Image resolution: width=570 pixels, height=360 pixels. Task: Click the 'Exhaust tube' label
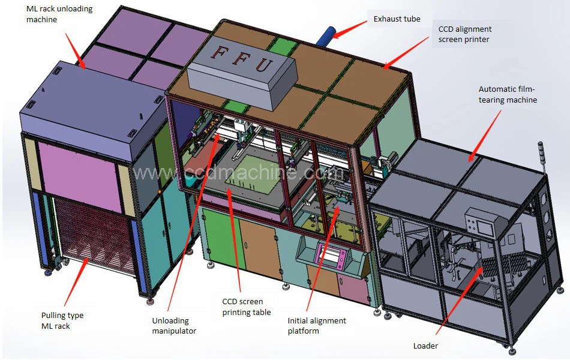[397, 19]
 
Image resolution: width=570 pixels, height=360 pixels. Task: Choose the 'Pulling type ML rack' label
[62, 320]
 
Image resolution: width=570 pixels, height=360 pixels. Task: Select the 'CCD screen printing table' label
[247, 307]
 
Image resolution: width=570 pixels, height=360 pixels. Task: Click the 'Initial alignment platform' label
[317, 326]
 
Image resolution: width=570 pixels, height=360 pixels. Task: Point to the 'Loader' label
[425, 346]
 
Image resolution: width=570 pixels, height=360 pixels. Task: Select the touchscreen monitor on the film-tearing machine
[481, 223]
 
